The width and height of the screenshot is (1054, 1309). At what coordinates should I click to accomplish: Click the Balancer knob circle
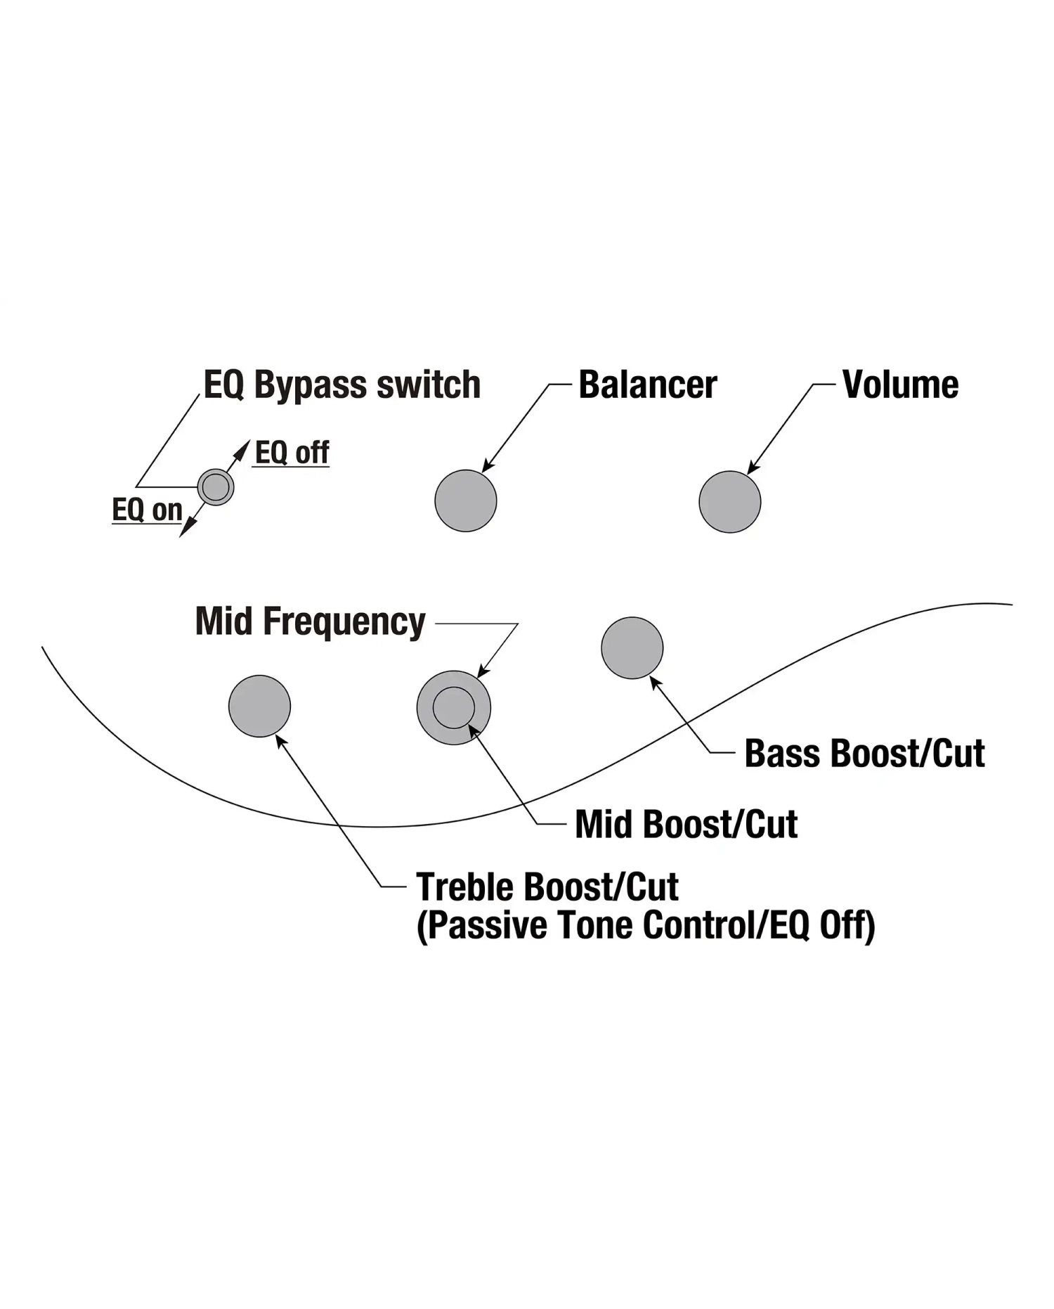[466, 501]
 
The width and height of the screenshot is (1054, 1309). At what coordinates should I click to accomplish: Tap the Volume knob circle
[730, 501]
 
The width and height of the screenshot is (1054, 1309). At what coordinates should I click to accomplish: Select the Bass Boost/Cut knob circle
[632, 647]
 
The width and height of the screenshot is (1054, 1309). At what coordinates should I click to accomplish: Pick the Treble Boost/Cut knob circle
[260, 706]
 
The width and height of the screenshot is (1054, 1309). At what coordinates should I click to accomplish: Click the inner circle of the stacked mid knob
[454, 707]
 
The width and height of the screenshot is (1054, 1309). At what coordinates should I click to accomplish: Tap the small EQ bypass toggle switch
[216, 486]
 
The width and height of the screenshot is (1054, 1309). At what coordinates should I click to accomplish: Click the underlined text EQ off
[292, 452]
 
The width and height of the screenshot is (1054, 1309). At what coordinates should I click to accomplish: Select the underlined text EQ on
[148, 509]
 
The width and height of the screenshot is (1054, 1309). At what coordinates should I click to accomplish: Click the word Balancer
[648, 385]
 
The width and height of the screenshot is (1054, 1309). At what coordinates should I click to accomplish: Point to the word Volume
[901, 385]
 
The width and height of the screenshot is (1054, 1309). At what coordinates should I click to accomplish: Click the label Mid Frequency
[311, 621]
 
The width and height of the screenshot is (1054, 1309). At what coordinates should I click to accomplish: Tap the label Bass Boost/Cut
[864, 754]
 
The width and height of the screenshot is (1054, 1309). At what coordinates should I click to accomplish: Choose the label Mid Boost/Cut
[687, 824]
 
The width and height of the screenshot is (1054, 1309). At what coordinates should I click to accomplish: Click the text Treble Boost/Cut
[547, 886]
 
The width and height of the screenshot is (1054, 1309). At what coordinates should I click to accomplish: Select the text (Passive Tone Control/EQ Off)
[646, 925]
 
